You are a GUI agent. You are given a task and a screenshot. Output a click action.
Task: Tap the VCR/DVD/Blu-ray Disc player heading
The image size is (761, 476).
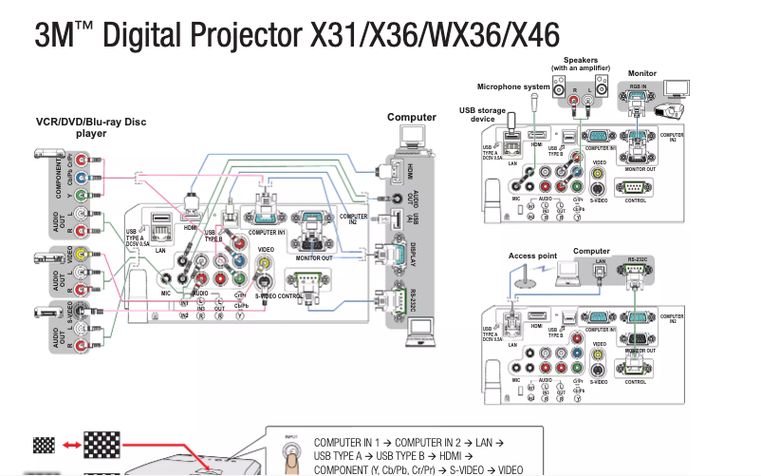pyautogui.click(x=91, y=127)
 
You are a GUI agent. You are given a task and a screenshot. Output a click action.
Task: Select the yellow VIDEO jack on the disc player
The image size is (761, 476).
pyautogui.click(x=83, y=254)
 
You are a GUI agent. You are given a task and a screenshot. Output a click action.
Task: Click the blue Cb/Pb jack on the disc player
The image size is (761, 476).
pyautogui.click(x=83, y=176)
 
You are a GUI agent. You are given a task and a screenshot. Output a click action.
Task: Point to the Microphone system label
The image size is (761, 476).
pyautogui.click(x=513, y=86)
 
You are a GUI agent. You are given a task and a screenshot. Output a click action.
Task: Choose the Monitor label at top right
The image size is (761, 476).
pyautogui.click(x=642, y=73)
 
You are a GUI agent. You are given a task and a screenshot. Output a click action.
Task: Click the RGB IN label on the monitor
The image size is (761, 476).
pyautogui.click(x=638, y=86)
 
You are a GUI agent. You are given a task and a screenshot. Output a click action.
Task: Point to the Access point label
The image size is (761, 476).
pyautogui.click(x=532, y=255)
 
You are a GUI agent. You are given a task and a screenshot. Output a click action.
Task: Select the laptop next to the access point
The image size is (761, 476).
pyautogui.click(x=568, y=273)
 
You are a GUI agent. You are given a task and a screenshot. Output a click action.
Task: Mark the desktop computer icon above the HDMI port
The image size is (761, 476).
pyautogui.click(x=410, y=138)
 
